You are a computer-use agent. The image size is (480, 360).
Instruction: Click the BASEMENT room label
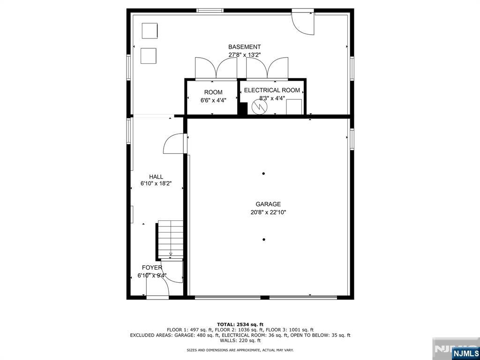244,47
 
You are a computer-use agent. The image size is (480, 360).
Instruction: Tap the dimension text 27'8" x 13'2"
244,55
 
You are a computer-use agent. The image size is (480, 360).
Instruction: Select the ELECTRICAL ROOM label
272,90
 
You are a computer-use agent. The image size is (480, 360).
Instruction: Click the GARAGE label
268,204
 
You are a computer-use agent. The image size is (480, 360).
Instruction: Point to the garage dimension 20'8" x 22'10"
268,212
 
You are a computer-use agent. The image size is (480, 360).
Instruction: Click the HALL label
156,177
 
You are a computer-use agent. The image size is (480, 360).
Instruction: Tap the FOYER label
152,268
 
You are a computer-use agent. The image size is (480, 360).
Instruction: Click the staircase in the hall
171,239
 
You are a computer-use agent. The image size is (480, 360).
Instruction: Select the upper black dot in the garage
263,173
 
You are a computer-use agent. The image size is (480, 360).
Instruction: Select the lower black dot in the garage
264,240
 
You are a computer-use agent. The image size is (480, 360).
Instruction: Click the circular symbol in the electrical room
258,107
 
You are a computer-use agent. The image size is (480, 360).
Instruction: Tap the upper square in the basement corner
150,30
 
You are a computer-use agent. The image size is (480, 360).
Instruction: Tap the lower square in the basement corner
148,55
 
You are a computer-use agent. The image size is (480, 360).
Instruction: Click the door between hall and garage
174,144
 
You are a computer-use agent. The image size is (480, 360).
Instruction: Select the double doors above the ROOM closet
216,68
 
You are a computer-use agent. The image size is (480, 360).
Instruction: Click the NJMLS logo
465,353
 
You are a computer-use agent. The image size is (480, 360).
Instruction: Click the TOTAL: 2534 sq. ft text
240,324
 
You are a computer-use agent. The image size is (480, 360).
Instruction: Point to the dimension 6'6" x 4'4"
213,100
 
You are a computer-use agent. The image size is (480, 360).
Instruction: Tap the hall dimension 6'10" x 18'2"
156,184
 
